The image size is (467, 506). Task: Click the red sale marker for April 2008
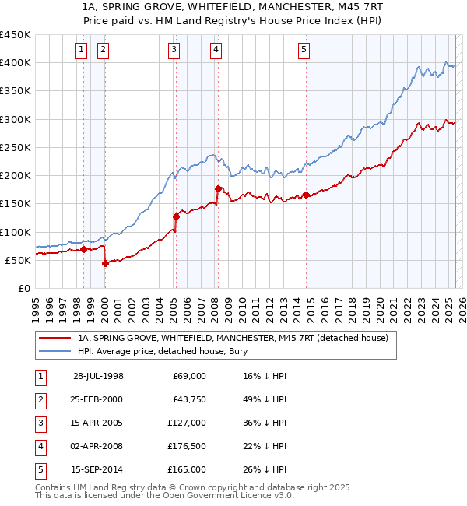pyautogui.click(x=217, y=188)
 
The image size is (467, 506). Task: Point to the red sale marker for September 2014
pyautogui.click(x=306, y=195)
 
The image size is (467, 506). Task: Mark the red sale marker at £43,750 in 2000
pyautogui.click(x=105, y=264)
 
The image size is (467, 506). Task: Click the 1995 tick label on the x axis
pyautogui.click(x=36, y=308)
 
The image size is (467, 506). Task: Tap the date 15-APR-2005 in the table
pyautogui.click(x=97, y=423)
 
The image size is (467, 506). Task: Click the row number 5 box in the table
pyautogui.click(x=39, y=469)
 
